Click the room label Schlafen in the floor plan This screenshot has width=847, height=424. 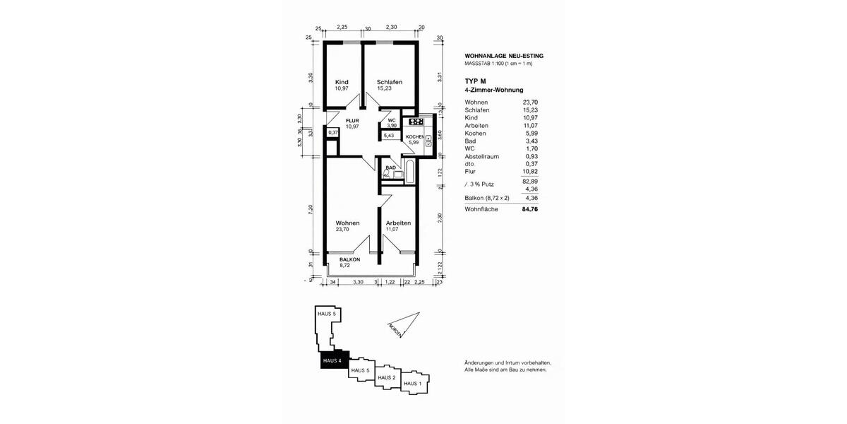(x=389, y=82)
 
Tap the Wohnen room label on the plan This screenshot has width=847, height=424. (x=347, y=223)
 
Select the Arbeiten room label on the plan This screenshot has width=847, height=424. (x=398, y=223)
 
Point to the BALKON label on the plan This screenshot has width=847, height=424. (x=349, y=259)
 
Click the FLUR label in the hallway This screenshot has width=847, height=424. (x=352, y=121)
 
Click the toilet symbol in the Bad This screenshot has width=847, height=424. (x=387, y=173)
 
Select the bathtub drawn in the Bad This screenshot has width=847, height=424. (x=405, y=173)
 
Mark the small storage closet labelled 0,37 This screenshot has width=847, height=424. (x=333, y=132)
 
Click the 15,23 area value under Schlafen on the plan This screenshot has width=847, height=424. (x=385, y=89)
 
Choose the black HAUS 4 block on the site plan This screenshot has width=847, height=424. (x=332, y=361)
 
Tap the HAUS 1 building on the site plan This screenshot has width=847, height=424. (x=414, y=384)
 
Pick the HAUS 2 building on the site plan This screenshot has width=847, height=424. (x=386, y=377)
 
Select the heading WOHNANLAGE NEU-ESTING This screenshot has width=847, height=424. (x=504, y=56)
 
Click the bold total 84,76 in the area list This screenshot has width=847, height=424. (x=529, y=209)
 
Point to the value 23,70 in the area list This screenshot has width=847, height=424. (x=529, y=102)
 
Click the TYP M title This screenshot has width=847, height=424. (x=476, y=82)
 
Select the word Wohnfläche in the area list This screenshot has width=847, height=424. (x=481, y=209)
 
